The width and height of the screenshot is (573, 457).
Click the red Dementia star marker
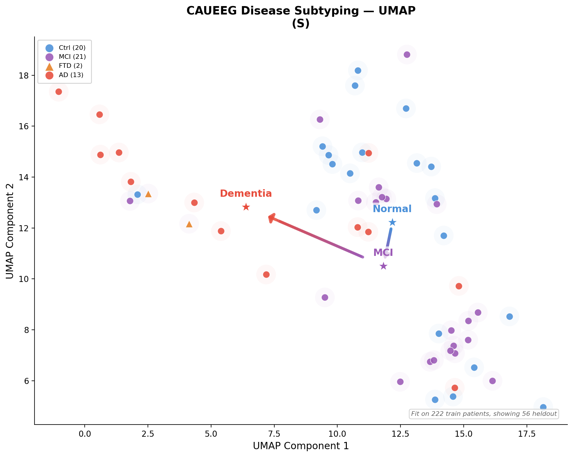pos(246,207)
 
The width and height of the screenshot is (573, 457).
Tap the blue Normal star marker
pos(392,222)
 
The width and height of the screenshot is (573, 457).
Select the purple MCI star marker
pos(383,266)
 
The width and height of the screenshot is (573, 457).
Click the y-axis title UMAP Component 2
pos(10,231)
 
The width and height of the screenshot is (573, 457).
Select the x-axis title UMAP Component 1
pos(301,446)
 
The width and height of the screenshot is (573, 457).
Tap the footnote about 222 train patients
pos(484,414)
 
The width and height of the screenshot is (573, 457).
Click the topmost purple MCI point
pos(407,54)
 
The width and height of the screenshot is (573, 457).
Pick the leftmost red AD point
pos(59,92)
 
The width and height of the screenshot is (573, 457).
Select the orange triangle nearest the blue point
pos(148,194)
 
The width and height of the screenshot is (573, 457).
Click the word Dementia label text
pos(246,194)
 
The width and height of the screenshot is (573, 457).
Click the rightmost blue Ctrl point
pos(543,407)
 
